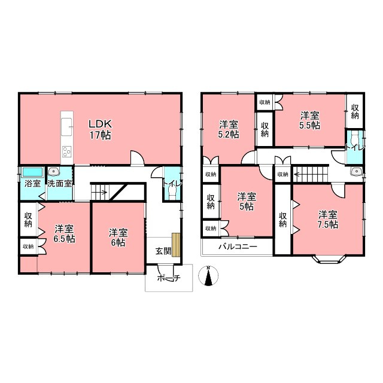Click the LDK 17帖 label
[100, 129]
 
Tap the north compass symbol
[208, 276]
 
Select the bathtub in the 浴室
[32, 172]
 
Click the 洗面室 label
[60, 184]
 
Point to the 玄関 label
[163, 251]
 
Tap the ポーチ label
[169, 278]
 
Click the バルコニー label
[238, 246]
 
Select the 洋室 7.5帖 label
[328, 220]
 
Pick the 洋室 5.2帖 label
[229, 129]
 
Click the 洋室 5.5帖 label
[310, 120]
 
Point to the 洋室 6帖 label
[118, 238]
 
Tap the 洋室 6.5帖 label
[64, 234]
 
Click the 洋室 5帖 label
[247, 202]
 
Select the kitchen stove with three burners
[67, 151]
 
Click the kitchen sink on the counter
[67, 127]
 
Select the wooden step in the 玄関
[176, 245]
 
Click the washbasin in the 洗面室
[53, 172]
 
